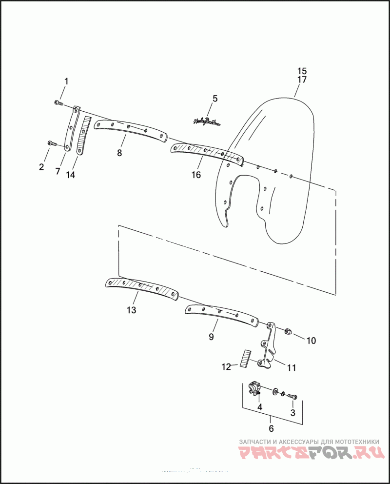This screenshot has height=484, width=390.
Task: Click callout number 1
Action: point(67,81)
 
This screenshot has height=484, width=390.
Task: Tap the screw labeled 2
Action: point(51,143)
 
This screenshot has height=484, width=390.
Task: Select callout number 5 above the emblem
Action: point(215,99)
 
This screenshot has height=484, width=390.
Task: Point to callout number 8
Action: point(119,153)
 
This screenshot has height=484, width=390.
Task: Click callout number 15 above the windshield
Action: point(302,70)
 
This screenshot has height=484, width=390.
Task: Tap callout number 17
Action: point(302,80)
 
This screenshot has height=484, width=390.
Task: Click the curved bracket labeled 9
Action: point(222,315)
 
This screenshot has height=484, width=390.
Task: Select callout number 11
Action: point(292,367)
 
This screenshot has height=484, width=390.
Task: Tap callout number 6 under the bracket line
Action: point(272,428)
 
